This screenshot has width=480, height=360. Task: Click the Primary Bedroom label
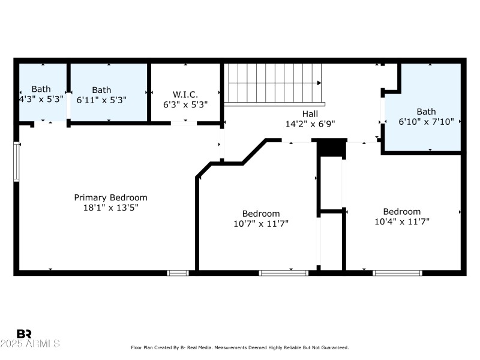tap(110, 197)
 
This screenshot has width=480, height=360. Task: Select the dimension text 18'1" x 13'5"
tap(110, 208)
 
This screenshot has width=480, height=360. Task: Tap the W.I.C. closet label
tap(185, 94)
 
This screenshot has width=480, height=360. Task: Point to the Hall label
tap(310, 114)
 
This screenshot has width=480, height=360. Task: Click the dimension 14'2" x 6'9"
tap(310, 124)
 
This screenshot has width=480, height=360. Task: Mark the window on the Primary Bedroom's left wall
tap(17, 161)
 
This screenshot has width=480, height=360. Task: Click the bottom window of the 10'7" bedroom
tap(283, 273)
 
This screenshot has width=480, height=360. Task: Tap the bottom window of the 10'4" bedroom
tap(397, 273)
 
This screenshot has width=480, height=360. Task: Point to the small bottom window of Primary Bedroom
tap(178, 273)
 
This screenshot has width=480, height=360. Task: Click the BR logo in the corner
tap(24, 334)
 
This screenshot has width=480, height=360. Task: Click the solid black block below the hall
tap(331, 148)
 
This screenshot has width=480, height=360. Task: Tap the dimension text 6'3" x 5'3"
tap(185, 104)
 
